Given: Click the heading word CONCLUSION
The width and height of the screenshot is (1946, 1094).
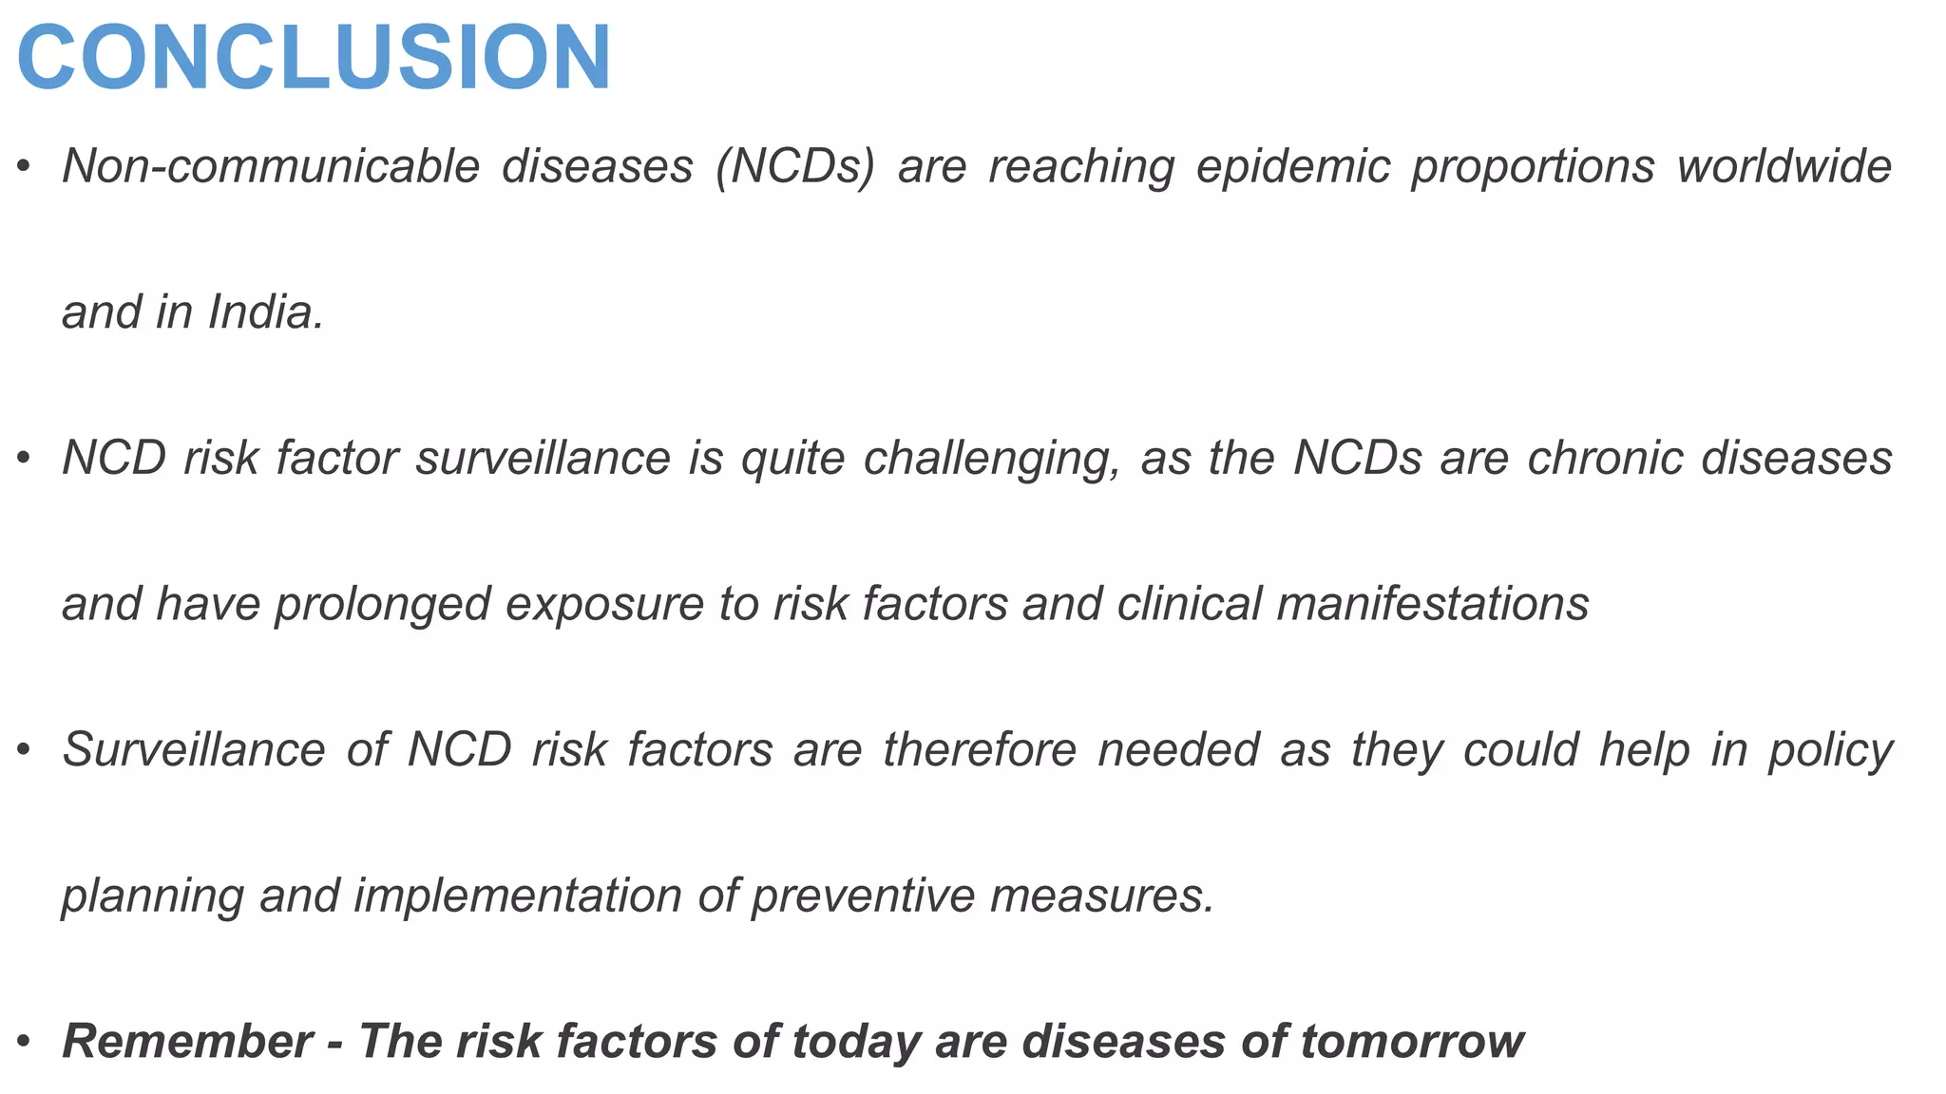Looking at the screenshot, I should click(314, 59).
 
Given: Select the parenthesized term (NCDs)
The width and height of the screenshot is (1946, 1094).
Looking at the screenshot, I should click(795, 167).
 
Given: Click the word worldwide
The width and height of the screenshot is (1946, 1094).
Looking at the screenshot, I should click(1784, 167).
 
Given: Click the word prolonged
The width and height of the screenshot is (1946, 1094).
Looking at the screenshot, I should click(382, 605).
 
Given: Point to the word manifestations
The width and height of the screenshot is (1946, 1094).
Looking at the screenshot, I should click(1433, 605).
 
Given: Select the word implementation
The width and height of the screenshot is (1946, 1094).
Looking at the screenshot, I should click(518, 896).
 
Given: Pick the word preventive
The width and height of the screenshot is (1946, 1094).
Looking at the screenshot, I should click(862, 896).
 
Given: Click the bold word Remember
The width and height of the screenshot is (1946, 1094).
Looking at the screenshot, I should click(187, 1042).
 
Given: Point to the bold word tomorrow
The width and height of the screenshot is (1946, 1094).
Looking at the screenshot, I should click(1412, 1042).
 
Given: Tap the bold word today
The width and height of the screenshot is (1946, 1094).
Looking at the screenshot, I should click(856, 1042).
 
